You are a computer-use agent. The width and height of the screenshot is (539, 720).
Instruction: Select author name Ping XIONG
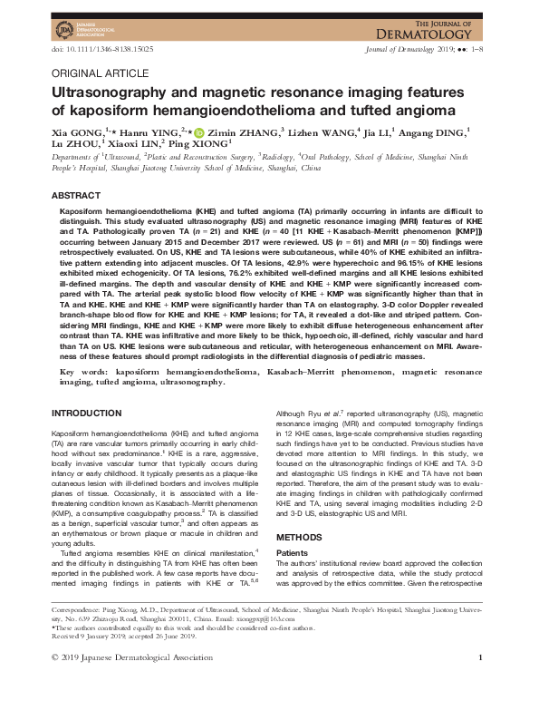click(202, 143)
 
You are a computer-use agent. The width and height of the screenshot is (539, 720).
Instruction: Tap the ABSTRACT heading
click(76, 195)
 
